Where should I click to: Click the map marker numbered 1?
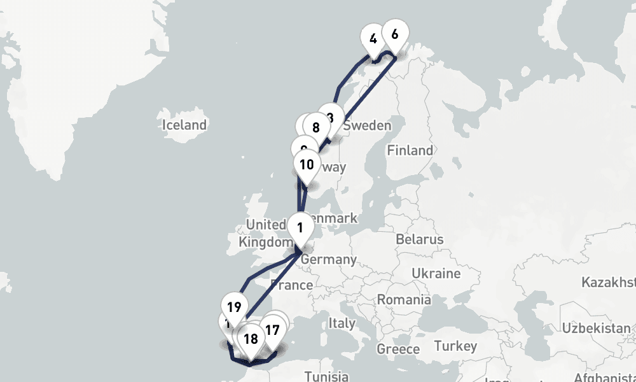coord(300,227)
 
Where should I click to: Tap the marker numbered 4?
coord(373,39)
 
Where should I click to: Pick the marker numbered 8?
coord(315,126)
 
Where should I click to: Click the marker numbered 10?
coord(307,165)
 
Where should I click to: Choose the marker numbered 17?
coord(272,330)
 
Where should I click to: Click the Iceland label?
coord(184,125)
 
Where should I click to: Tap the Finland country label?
coord(410,151)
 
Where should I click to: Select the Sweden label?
coord(367,126)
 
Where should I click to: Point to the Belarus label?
coord(418,240)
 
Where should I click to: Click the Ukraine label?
coord(436,274)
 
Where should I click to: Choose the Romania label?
coord(404,299)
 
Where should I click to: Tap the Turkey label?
coord(455,346)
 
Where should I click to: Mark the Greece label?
coord(398,349)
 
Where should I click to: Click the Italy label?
coord(342,323)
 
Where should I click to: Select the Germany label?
coord(328,260)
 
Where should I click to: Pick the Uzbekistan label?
coord(598,328)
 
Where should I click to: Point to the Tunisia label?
coord(326,376)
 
